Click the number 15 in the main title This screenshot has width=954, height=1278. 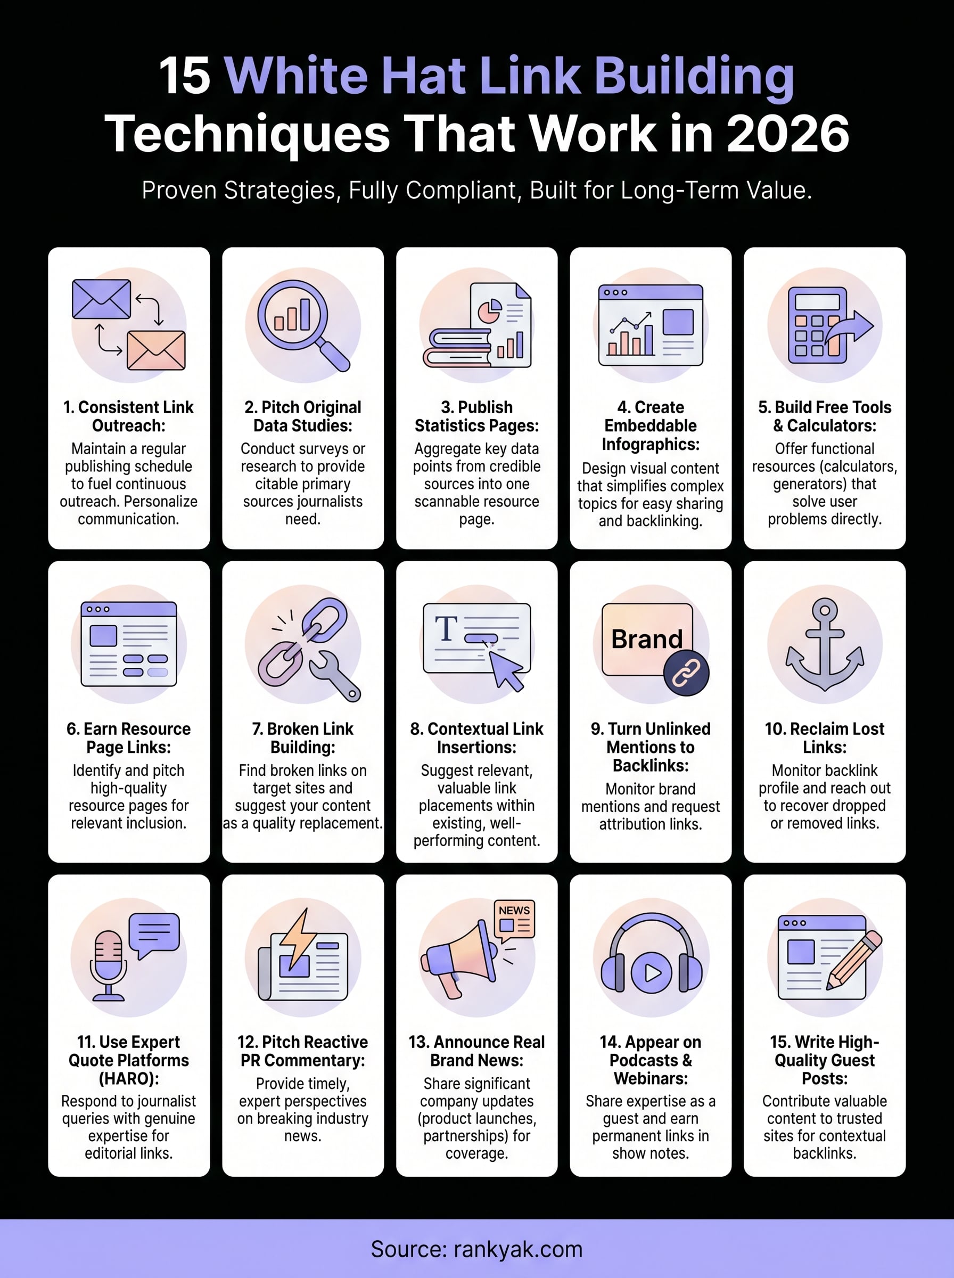tap(184, 76)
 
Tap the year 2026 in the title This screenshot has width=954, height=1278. tap(788, 134)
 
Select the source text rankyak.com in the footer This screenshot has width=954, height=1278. tap(518, 1249)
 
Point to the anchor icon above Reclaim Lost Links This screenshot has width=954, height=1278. tap(825, 644)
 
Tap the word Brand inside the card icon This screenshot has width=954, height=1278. tap(647, 640)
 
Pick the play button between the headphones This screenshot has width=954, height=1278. tap(652, 973)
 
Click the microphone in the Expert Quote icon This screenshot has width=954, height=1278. tap(109, 965)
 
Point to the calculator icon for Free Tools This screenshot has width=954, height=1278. tap(817, 325)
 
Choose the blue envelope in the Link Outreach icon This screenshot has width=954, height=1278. tap(102, 299)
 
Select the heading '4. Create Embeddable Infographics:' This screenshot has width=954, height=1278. tap(651, 425)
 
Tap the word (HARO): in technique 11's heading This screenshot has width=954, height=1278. tap(129, 1078)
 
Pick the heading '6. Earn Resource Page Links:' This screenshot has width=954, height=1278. tap(129, 738)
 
